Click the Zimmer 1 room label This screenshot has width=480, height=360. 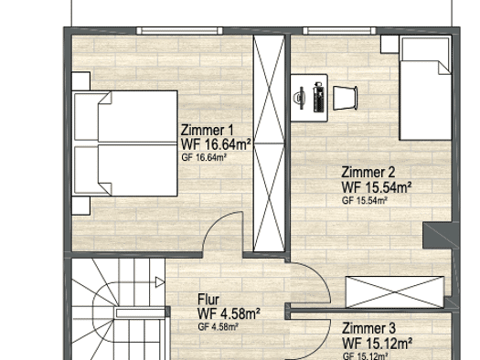click(208, 131)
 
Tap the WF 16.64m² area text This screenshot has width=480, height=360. click(216, 144)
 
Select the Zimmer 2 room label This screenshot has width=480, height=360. click(368, 172)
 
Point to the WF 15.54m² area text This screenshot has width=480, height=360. click(377, 187)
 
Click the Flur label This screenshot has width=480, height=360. click(208, 299)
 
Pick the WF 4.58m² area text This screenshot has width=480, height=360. click(229, 313)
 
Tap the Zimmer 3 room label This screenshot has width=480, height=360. click(368, 329)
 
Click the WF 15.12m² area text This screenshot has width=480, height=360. click(377, 344)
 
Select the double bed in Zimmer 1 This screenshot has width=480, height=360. click(125, 143)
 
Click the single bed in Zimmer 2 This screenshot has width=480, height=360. click(425, 88)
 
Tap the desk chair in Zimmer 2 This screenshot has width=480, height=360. click(345, 98)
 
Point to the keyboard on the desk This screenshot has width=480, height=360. click(318, 98)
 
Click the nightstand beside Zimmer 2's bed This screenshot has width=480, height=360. click(389, 44)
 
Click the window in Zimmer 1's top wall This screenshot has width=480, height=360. click(179, 30)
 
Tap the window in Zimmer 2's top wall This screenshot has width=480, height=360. click(339, 30)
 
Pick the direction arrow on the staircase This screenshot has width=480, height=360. click(159, 282)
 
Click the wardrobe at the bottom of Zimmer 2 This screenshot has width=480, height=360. click(395, 292)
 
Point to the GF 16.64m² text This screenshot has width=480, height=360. click(204, 157)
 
